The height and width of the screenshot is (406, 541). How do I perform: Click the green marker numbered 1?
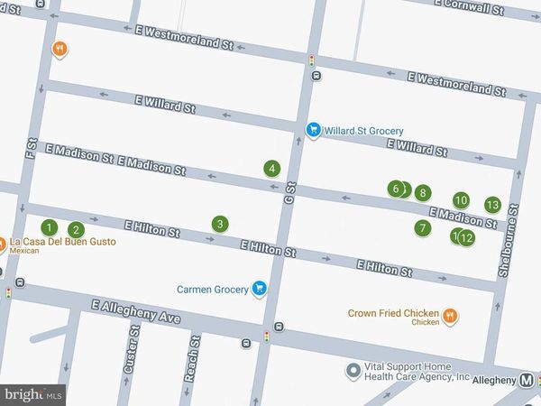tap(50, 227)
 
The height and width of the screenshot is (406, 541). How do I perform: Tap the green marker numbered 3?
tap(218, 224)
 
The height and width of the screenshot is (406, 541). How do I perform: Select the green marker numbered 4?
tap(270, 168)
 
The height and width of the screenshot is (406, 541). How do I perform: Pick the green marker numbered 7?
tap(422, 228)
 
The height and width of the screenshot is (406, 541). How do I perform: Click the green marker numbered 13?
tap(492, 205)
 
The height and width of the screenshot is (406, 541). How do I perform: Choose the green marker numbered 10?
tap(461, 200)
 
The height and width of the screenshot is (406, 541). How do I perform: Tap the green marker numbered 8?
tap(422, 193)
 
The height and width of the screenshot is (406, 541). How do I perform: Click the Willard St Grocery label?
tap(364, 130)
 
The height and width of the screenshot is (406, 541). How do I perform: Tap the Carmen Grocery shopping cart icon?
tap(259, 289)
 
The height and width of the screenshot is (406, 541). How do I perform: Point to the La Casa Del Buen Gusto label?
tap(63, 242)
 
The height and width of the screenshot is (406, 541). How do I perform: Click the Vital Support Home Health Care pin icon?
tap(353, 370)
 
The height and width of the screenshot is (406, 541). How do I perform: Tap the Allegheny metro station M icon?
tap(529, 382)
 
